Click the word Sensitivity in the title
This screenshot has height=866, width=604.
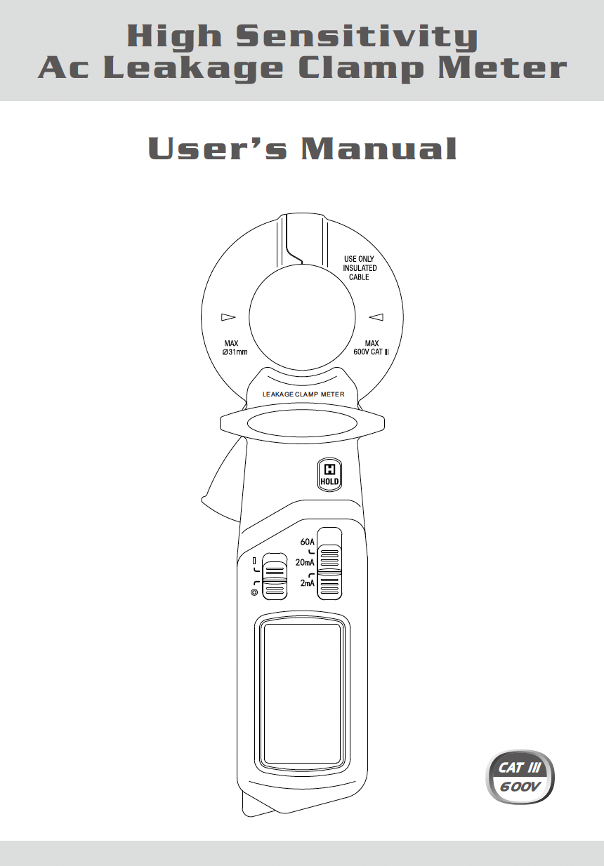pos(357,37)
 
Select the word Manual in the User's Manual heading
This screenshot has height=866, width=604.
pos(379,149)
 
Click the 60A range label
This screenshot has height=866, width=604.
pos(307,541)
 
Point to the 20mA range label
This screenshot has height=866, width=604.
pos(305,562)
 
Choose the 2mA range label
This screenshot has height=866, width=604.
pos(307,583)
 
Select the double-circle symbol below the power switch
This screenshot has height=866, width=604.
pos(254,592)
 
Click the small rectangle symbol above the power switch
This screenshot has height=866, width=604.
pos(254,561)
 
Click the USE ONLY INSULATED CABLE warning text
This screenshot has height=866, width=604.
pos(359,268)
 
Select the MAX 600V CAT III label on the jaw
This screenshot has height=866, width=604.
pos(372,347)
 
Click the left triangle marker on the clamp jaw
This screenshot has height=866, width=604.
pos(228,317)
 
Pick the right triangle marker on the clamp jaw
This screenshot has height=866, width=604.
pos(375,317)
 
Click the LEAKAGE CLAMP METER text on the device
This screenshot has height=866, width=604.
pos(303,394)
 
